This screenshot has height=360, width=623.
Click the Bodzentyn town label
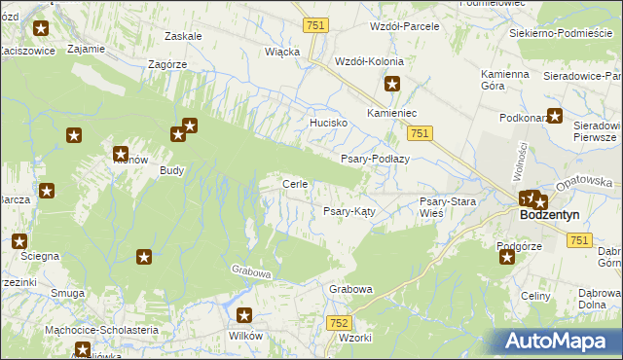[x=550, y=215]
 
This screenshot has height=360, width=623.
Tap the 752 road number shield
[x=339, y=322]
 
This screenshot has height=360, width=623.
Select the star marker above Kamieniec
[x=392, y=85]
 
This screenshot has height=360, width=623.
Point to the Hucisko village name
[x=329, y=124]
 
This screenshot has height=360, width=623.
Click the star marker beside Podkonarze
[x=555, y=117]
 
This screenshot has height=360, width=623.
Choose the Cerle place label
[x=295, y=184]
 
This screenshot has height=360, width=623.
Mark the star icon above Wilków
[x=244, y=315]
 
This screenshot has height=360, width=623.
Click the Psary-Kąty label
[x=350, y=210]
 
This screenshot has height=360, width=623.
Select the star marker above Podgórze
[x=506, y=257]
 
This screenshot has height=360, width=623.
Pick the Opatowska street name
[x=584, y=182]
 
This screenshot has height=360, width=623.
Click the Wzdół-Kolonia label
[x=369, y=60]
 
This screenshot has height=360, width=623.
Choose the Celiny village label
[x=536, y=295]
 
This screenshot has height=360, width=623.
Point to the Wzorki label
[x=356, y=338]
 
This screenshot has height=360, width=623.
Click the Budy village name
[x=172, y=168]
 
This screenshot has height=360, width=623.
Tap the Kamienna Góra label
[x=504, y=80]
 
